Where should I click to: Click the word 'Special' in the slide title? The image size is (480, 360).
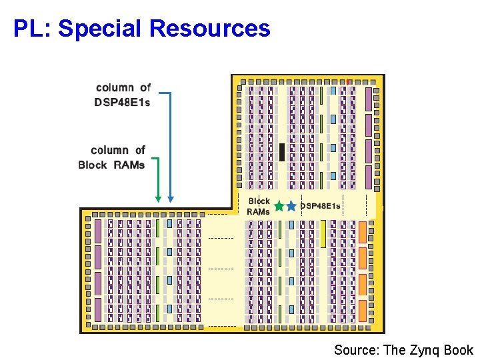[100, 29]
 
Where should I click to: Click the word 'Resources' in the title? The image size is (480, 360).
[210, 29]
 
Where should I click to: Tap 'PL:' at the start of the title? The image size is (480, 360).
[33, 29]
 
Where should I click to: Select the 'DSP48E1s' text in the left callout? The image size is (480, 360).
[122, 102]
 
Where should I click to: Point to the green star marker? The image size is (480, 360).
[279, 207]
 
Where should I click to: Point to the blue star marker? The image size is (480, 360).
[291, 207]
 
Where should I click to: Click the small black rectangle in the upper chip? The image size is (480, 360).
[282, 152]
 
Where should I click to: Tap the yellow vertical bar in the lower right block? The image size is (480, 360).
[323, 234]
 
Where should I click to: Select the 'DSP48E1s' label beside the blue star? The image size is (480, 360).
[320, 206]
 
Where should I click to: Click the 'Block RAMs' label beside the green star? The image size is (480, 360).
[259, 206]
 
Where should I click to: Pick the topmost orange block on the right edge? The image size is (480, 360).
[363, 231]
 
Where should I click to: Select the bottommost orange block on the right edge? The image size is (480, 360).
[363, 310]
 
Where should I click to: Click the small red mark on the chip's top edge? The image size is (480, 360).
[347, 81]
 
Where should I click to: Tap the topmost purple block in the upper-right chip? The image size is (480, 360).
[368, 99]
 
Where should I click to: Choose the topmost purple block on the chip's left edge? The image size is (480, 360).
[98, 231]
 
